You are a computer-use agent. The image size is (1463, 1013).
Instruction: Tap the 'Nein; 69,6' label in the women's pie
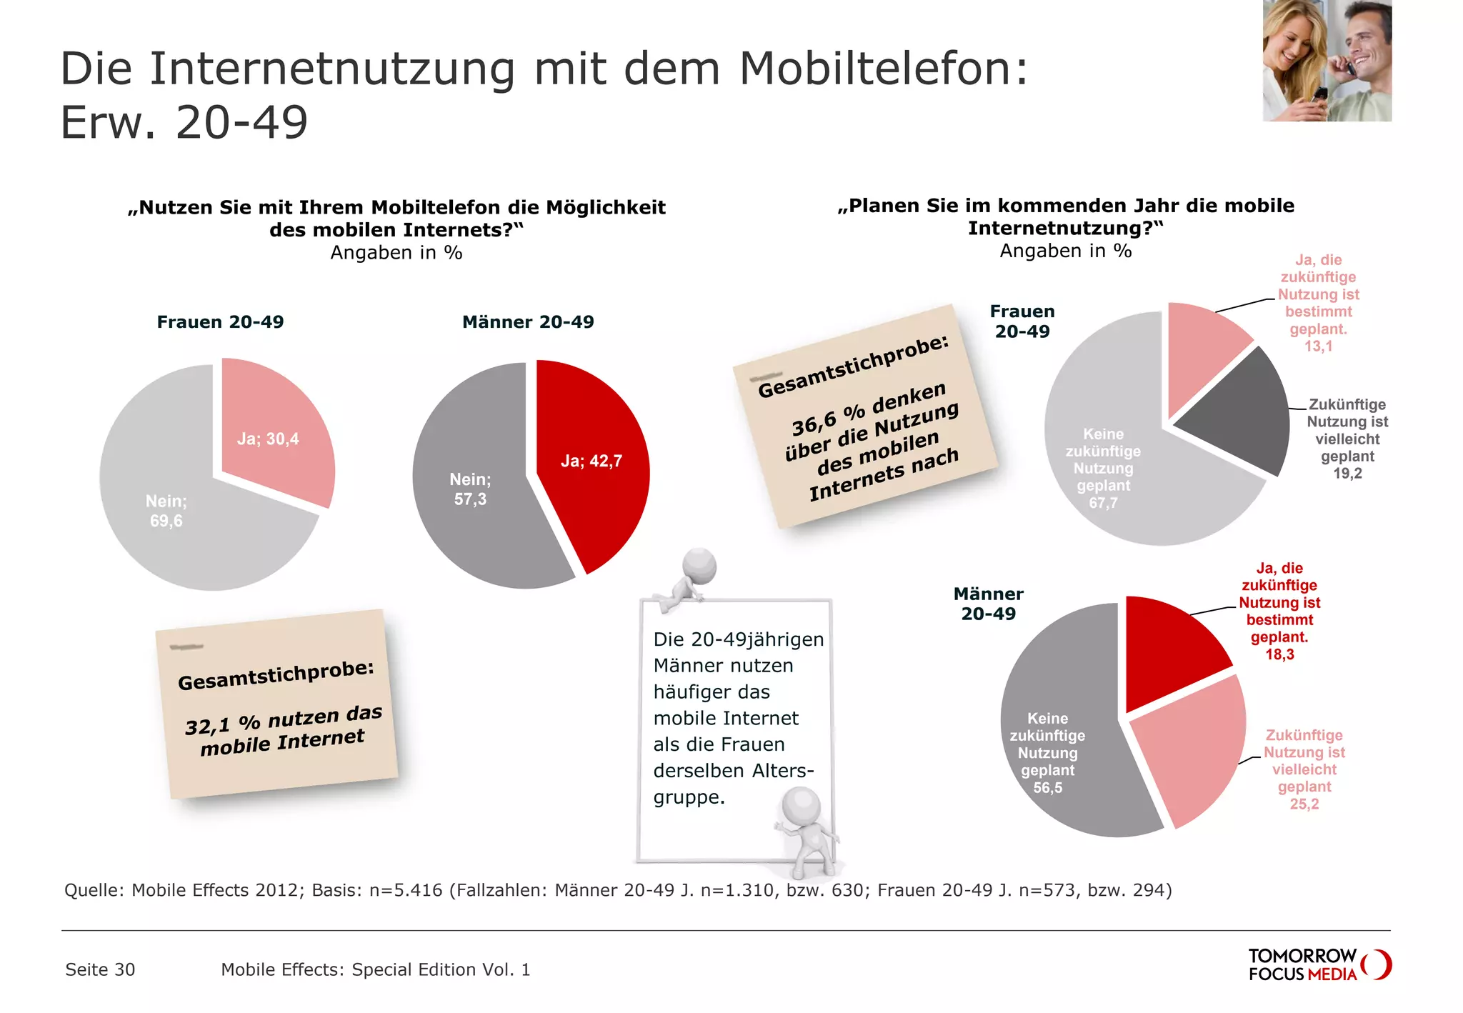click(x=166, y=511)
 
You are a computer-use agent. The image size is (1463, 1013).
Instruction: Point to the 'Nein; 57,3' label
click(x=469, y=489)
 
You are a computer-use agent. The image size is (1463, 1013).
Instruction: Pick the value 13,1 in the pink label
click(x=1318, y=346)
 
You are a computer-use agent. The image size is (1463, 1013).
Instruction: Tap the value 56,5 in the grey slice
click(x=1047, y=788)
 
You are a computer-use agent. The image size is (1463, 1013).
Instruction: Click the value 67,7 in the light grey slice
click(x=1103, y=503)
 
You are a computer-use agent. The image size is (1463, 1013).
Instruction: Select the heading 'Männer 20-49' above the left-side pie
click(x=528, y=322)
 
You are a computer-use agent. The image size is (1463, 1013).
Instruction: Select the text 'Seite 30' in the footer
click(x=100, y=969)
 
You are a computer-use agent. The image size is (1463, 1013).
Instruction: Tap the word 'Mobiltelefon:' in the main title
click(x=884, y=69)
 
